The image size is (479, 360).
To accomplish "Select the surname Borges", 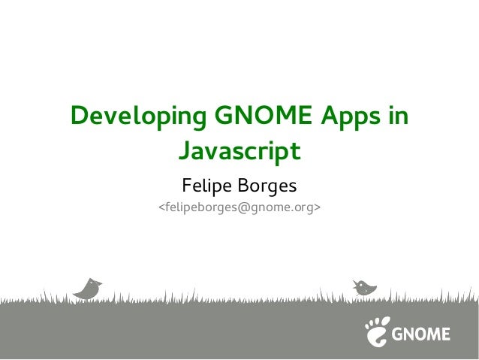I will point(269,184).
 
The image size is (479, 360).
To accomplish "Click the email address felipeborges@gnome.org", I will point(239,205).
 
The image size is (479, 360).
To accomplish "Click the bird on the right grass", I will point(365,286).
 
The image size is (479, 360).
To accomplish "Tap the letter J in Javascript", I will point(184,151).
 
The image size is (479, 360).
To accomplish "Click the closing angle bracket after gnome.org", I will point(318,205).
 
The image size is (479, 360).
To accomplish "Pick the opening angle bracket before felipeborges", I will point(159,205).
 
